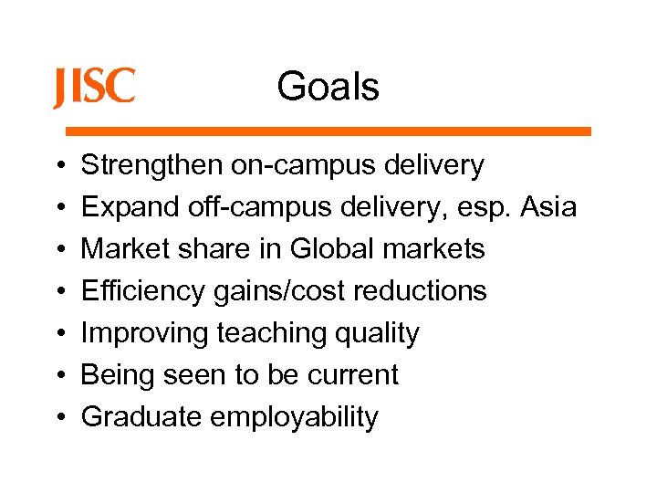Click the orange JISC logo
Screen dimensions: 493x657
[x=94, y=88]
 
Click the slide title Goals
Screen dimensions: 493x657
[x=328, y=88]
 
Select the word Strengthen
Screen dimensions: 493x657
[x=151, y=165]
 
